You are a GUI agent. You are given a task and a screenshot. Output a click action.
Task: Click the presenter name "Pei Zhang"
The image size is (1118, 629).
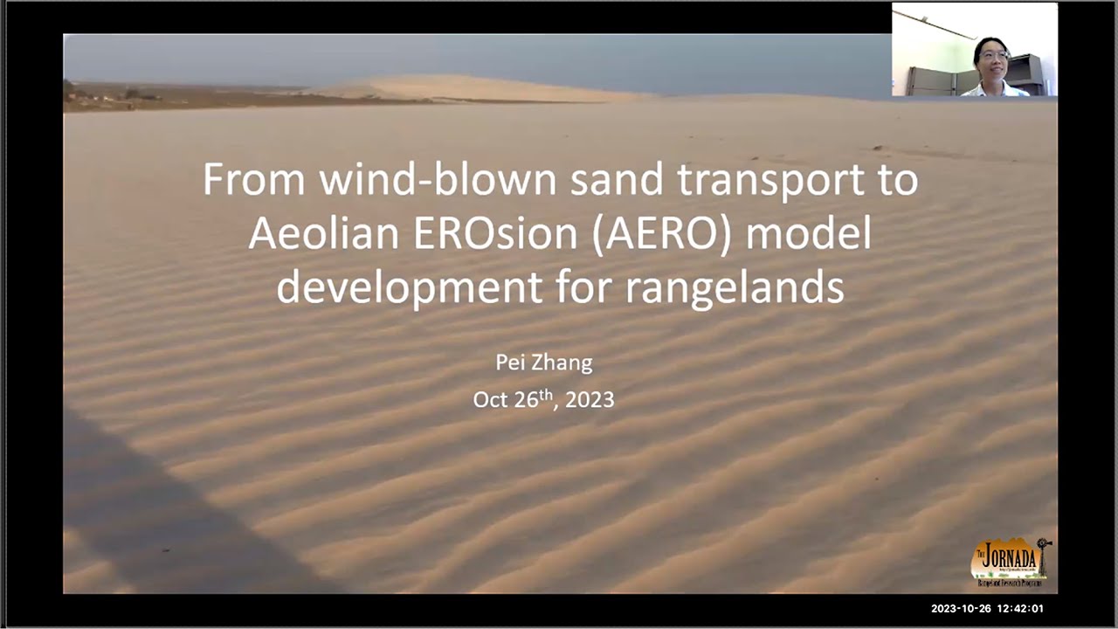(x=543, y=363)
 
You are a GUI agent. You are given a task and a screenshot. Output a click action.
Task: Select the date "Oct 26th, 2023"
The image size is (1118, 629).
(x=543, y=399)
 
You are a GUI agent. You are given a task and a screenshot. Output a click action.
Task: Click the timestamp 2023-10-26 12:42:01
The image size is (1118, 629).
(x=987, y=609)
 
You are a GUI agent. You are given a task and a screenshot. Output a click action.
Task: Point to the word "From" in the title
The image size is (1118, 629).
(x=254, y=179)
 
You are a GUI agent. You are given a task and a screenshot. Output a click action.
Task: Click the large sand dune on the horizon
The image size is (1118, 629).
(x=472, y=87)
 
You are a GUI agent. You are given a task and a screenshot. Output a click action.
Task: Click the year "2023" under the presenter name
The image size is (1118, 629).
(x=590, y=400)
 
